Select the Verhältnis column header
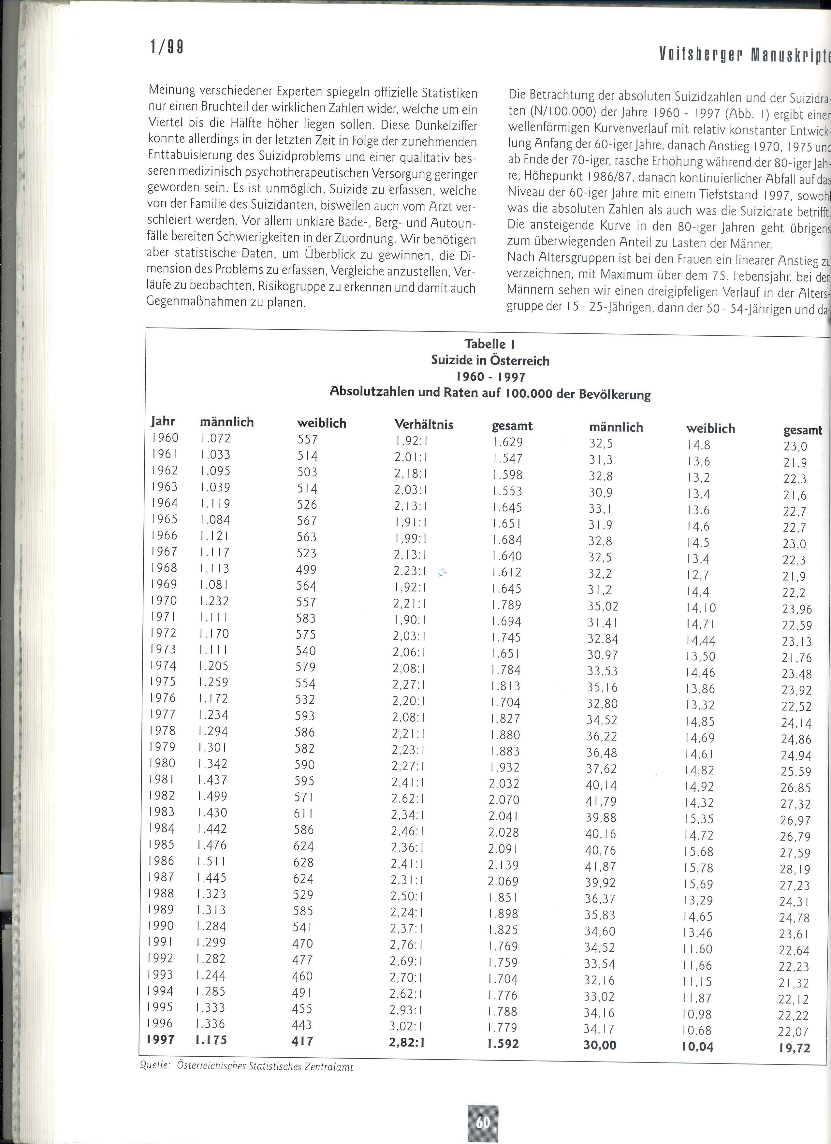pyautogui.click(x=424, y=425)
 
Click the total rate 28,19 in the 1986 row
pyautogui.click(x=795, y=869)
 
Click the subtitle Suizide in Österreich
pyautogui.click(x=489, y=361)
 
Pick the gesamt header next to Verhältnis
pyautogui.click(x=512, y=426)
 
